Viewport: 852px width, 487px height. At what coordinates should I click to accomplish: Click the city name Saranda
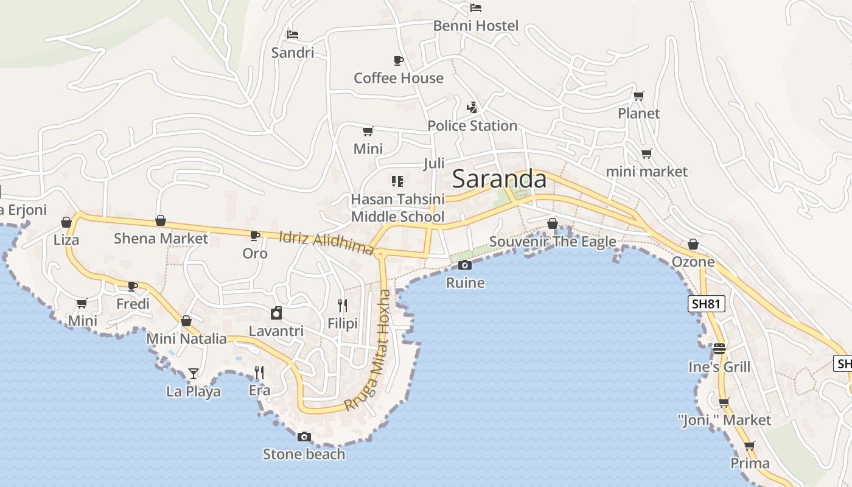point(500,179)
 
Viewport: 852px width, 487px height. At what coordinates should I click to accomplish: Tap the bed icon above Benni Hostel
point(476,8)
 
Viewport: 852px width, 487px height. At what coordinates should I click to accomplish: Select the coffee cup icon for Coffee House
point(398,60)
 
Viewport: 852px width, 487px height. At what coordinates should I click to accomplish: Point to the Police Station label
point(472,125)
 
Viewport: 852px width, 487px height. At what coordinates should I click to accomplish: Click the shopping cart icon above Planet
point(638,96)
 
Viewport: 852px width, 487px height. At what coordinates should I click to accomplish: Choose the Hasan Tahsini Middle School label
point(398,208)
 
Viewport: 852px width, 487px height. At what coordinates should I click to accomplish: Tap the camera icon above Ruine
point(465,265)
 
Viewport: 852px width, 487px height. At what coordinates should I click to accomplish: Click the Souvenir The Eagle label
point(553,242)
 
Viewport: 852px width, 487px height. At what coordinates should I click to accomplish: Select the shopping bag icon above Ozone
point(693,245)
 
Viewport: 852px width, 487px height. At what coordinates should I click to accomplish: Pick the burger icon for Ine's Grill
point(719,349)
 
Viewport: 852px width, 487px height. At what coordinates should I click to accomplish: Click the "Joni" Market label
point(724,420)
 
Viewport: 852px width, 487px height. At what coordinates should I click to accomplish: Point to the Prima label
point(750,463)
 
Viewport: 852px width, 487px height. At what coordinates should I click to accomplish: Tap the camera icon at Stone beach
point(304,436)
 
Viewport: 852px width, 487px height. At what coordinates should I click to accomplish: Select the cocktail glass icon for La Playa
point(194,373)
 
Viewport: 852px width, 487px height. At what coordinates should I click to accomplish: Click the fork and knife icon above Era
point(259,372)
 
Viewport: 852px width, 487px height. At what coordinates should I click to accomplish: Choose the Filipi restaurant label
point(343,323)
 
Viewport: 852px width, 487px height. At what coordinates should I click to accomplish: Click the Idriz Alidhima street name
point(326,243)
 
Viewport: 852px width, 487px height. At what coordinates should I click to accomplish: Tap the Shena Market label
point(161,238)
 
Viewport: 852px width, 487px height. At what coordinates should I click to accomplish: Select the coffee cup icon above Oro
point(254,236)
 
